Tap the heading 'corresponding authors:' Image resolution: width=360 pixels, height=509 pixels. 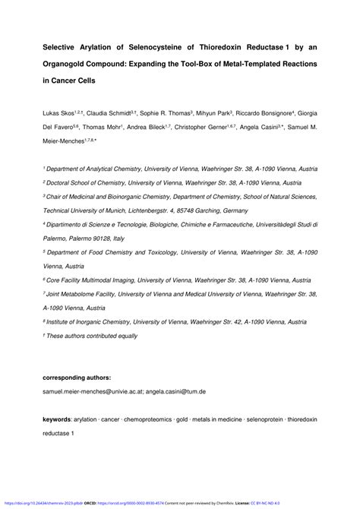[77, 377]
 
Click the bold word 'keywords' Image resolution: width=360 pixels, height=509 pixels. [57, 419]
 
